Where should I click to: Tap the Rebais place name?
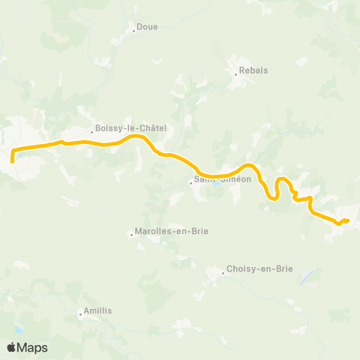click(253, 72)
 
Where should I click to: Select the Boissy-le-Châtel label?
click(130, 128)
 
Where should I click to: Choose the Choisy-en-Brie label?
click(261, 268)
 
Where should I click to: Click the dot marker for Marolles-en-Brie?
click(132, 235)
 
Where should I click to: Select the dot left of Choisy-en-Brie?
click(223, 273)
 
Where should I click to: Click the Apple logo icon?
click(12, 347)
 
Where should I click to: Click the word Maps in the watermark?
click(32, 347)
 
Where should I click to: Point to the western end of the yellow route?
click(13, 159)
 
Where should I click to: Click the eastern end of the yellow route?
click(348, 220)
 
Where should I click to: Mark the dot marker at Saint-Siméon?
click(190, 181)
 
